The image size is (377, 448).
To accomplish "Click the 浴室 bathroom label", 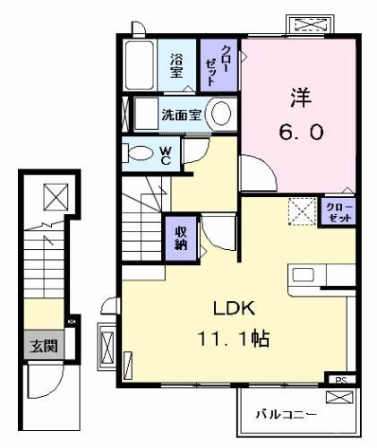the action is pyautogui.click(x=176, y=65).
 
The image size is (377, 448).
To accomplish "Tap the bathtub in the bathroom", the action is pyautogui.click(x=140, y=65).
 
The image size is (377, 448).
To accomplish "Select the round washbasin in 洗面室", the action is pyautogui.click(x=221, y=114).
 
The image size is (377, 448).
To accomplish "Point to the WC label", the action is pyautogui.click(x=166, y=155).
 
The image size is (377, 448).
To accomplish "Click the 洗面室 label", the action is pyautogui.click(x=182, y=115).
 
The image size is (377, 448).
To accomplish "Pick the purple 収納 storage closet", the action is pyautogui.click(x=181, y=237).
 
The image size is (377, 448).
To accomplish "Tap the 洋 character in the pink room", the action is pyautogui.click(x=301, y=97).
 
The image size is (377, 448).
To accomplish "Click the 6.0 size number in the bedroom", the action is pyautogui.click(x=301, y=133).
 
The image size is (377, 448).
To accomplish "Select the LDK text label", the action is pyautogui.click(x=234, y=308).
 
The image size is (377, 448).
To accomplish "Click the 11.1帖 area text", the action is pyautogui.click(x=234, y=339).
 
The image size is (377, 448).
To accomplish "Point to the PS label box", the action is pyautogui.click(x=341, y=380).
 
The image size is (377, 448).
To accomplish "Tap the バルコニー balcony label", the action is pyautogui.click(x=287, y=415).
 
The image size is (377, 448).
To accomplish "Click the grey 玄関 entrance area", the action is pyautogui.click(x=44, y=346).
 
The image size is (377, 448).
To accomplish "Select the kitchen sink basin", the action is pyautogui.click(x=303, y=275).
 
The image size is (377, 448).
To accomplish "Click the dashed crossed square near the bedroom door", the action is pyautogui.click(x=302, y=211).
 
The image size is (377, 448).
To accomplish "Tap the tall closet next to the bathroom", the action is pyautogui.click(x=218, y=65).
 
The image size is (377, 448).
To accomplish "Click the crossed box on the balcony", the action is pyautogui.click(x=339, y=398).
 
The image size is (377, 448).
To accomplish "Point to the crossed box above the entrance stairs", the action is pyautogui.click(x=56, y=197).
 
